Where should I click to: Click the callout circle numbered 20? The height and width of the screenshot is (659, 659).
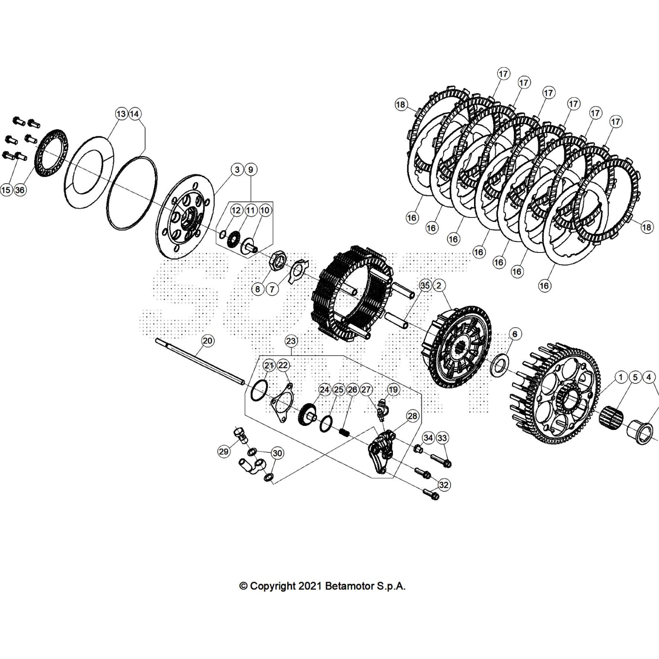pos(208,341)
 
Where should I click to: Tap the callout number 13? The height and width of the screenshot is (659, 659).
pos(121,114)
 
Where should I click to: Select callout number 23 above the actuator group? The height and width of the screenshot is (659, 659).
pos(291,341)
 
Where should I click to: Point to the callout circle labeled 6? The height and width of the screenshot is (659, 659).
pos(515,334)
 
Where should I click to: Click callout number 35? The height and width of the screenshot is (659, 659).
pos(425,285)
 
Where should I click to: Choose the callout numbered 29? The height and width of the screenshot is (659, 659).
pos(224,452)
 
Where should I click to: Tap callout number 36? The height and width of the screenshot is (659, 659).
pos(20,190)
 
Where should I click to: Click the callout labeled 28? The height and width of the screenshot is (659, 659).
pos(412,416)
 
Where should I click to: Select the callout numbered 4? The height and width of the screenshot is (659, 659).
pos(649,377)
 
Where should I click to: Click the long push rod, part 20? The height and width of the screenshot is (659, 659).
pos(200,361)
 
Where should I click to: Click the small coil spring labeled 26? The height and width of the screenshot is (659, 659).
pos(344,433)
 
